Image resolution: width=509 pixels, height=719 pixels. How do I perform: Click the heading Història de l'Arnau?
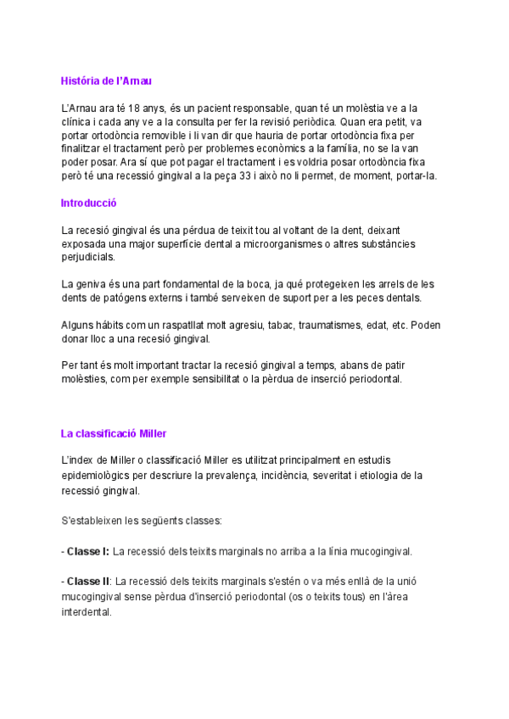[106, 81]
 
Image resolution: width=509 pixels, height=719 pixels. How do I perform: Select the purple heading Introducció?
[88, 203]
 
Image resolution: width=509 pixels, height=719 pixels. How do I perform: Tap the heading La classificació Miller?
[119, 433]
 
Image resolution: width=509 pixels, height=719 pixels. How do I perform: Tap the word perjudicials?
[88, 257]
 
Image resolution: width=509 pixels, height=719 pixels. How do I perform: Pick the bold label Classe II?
[89, 581]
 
